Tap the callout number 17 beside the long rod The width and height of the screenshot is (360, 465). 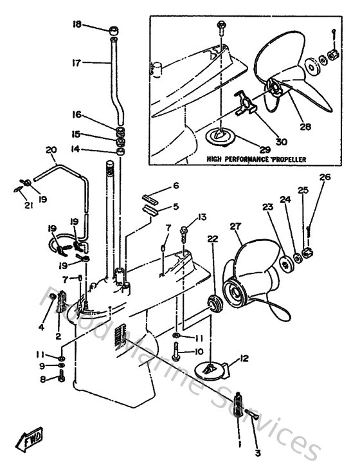(76, 63)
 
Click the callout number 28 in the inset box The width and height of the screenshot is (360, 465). (305, 127)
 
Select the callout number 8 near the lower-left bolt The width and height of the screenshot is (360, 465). (44, 379)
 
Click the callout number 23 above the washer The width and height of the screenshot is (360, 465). (267, 207)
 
